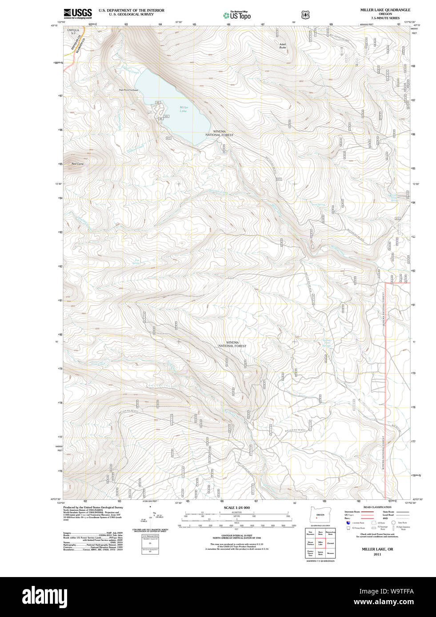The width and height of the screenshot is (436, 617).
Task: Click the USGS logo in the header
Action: pos(77,13)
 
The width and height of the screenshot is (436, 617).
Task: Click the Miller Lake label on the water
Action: pos(184,109)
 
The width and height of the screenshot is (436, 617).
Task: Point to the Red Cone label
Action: pos(77,164)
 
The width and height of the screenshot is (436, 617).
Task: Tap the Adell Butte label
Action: pos(283,45)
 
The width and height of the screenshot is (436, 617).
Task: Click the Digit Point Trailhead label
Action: pos(128,90)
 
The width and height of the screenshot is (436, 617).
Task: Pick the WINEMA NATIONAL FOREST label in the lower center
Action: pos(232,344)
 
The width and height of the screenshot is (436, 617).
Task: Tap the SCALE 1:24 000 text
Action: pos(236,507)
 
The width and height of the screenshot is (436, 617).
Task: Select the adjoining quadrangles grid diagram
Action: pos(320,543)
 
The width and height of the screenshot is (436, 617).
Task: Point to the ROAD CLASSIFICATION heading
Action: pos(377,507)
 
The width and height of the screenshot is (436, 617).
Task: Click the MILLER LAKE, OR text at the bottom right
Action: pos(377,549)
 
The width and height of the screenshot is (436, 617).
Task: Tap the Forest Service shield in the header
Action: pos(305,15)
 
